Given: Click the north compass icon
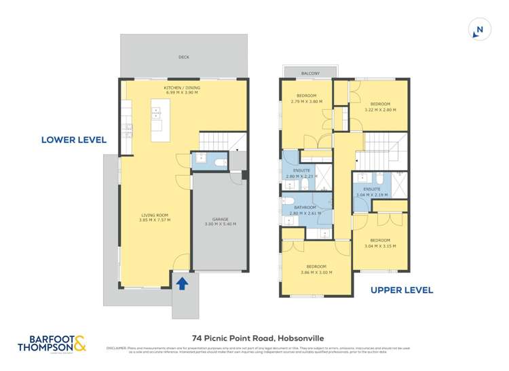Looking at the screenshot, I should pos(479,30).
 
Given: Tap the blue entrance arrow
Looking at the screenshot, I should pos(181,283).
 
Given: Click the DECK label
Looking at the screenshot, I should pos(183,58).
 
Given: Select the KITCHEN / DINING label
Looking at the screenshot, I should pos(181,88).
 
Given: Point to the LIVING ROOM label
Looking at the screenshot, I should pos(145,216).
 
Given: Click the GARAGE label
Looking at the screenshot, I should pos(221,219).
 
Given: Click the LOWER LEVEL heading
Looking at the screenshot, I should pos(74,140).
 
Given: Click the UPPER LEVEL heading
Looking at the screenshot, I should pos(402,290).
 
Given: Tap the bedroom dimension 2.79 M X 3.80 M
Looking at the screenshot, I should pos(306,102).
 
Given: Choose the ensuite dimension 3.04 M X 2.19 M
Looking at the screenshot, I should pos(371,195).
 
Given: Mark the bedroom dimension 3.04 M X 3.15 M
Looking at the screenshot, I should pos(380,246).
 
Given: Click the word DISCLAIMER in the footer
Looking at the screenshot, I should pos(118,349).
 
